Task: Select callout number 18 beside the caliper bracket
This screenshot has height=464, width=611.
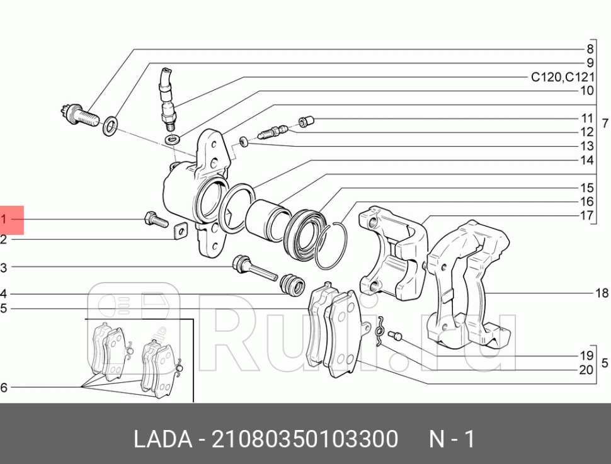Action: click(x=601, y=293)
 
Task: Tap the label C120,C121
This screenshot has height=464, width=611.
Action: click(x=562, y=77)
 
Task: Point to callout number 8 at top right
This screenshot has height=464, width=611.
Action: click(x=590, y=49)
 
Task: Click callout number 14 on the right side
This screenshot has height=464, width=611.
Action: click(x=586, y=160)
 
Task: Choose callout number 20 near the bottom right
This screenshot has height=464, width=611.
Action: click(x=586, y=370)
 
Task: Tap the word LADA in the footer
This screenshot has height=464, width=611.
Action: click(x=163, y=439)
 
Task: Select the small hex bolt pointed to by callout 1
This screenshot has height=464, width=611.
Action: click(x=155, y=220)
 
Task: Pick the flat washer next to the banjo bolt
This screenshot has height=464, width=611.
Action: click(x=110, y=125)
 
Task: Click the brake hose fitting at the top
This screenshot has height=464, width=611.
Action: click(x=168, y=98)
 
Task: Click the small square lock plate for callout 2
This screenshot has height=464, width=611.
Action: click(x=181, y=232)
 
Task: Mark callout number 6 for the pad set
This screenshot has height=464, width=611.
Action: click(x=4, y=388)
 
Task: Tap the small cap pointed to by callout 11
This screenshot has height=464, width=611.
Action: click(x=306, y=120)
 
